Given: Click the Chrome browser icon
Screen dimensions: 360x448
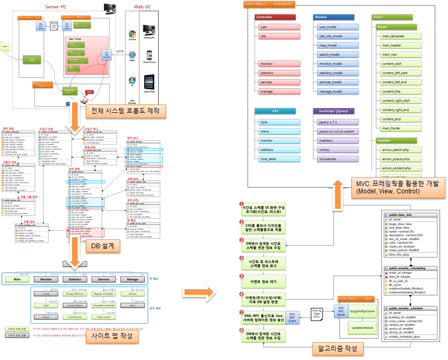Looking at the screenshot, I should tap(132, 34).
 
